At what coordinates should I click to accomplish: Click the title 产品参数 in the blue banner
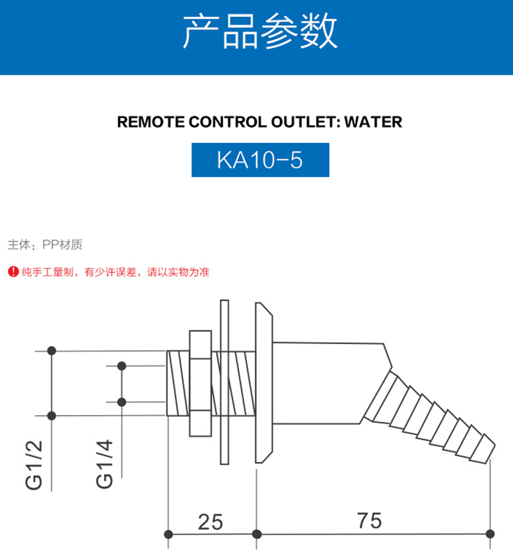[260, 32]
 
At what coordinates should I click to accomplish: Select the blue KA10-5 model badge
[260, 160]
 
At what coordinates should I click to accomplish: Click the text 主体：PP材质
[45, 245]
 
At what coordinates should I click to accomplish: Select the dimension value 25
[209, 521]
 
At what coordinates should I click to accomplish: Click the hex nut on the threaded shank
[200, 383]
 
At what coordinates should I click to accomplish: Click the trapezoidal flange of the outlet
[264, 382]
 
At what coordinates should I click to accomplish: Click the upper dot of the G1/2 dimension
[52, 351]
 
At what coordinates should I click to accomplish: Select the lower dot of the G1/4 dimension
[121, 402]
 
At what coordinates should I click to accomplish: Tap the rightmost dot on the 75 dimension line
[490, 534]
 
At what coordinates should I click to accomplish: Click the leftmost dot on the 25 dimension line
[169, 534]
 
